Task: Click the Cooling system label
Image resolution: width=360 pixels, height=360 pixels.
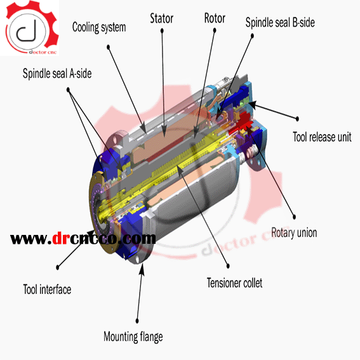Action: pos(99,27)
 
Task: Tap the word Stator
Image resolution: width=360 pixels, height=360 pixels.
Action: pos(162,18)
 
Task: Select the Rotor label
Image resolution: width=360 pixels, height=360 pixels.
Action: pos(215,18)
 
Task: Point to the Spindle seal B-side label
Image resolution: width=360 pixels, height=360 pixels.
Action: pos(280,22)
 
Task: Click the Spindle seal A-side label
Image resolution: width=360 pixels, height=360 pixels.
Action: pos(57,74)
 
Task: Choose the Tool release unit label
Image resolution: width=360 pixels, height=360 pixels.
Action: pos(322,137)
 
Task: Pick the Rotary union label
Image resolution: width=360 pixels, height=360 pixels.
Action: pos(294,232)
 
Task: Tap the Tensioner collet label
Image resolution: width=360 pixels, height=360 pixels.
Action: pos(234,283)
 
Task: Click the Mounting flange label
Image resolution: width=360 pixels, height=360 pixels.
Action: pos(133,337)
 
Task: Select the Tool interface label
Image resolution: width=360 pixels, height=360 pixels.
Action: pos(47,290)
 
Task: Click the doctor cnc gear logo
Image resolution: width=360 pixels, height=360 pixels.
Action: pos(30,27)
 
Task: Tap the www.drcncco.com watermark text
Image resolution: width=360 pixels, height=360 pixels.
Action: pos(83,239)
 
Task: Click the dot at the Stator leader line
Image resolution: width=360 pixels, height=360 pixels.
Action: pos(162,30)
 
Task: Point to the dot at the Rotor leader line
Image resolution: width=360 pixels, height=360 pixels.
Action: pos(215,30)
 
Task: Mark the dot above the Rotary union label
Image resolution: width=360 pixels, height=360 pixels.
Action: pos(295,217)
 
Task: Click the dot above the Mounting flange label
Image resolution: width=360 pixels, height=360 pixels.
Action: pos(137,321)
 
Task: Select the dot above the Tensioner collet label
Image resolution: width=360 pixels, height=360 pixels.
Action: pos(228,266)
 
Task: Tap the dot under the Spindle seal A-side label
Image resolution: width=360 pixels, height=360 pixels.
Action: pos(68,90)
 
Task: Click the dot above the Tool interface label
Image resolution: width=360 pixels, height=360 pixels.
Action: pos(58,267)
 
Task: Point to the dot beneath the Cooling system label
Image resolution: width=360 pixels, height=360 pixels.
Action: pos(109,47)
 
